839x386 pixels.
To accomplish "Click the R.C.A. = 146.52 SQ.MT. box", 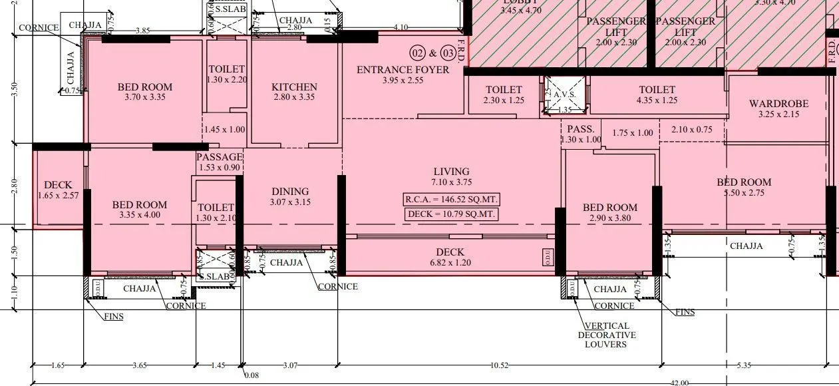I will [x=451, y=199].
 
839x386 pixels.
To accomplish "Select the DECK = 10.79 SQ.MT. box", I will [x=451, y=214].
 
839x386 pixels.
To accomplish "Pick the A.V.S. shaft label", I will [x=566, y=95].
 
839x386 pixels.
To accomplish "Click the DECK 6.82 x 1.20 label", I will [x=450, y=257].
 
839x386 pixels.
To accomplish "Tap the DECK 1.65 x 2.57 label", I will [x=58, y=190].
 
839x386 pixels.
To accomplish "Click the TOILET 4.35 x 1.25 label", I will [x=657, y=95].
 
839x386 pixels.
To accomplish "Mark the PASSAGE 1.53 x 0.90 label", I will [x=219, y=162].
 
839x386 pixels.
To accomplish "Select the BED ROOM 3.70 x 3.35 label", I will [x=144, y=92].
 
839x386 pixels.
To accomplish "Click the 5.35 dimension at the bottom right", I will [x=744, y=365].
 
